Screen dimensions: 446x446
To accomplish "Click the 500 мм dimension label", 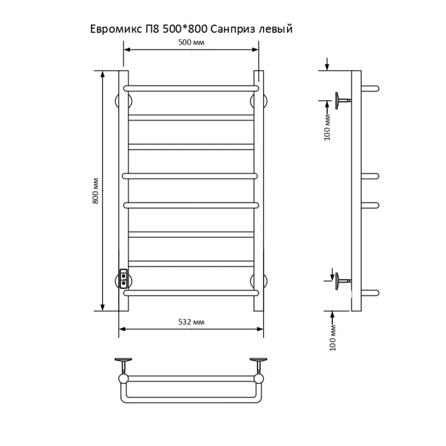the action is pyautogui.click(x=191, y=42).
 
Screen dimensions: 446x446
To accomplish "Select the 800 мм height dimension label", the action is pyautogui.click(x=95, y=191).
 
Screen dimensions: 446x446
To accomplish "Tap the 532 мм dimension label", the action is pyautogui.click(x=191, y=322).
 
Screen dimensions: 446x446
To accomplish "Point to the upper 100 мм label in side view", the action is pyautogui.click(x=327, y=127).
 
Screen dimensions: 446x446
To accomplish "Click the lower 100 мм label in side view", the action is pyautogui.click(x=333, y=338).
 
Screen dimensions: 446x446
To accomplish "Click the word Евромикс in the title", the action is pyautogui.click(x=116, y=29).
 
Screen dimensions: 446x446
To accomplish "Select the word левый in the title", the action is pyautogui.click(x=275, y=30).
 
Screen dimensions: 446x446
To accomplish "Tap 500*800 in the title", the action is pyautogui.click(x=185, y=29).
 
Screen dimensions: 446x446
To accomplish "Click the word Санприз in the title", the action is pyautogui.click(x=232, y=30).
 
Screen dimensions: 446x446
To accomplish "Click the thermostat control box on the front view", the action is pyautogui.click(x=123, y=278).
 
